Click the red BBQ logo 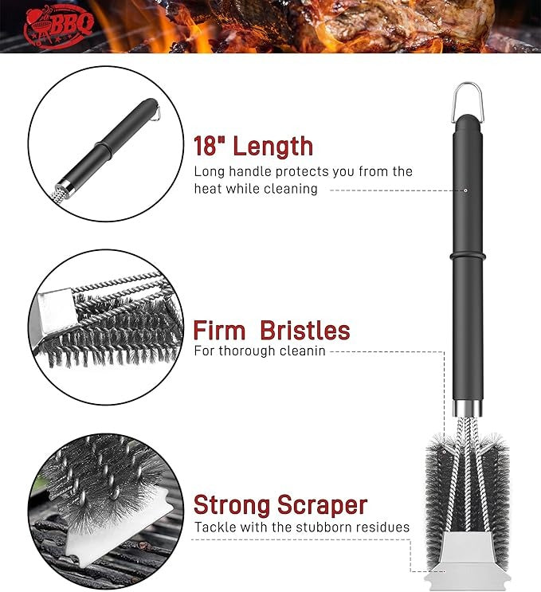[58, 26]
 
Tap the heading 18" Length [253, 146]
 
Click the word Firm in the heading [219, 331]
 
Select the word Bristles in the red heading [305, 331]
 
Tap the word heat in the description [207, 188]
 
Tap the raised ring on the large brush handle [467, 257]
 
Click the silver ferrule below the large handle [468, 408]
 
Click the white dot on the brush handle [466, 190]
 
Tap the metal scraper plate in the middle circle [53, 316]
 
